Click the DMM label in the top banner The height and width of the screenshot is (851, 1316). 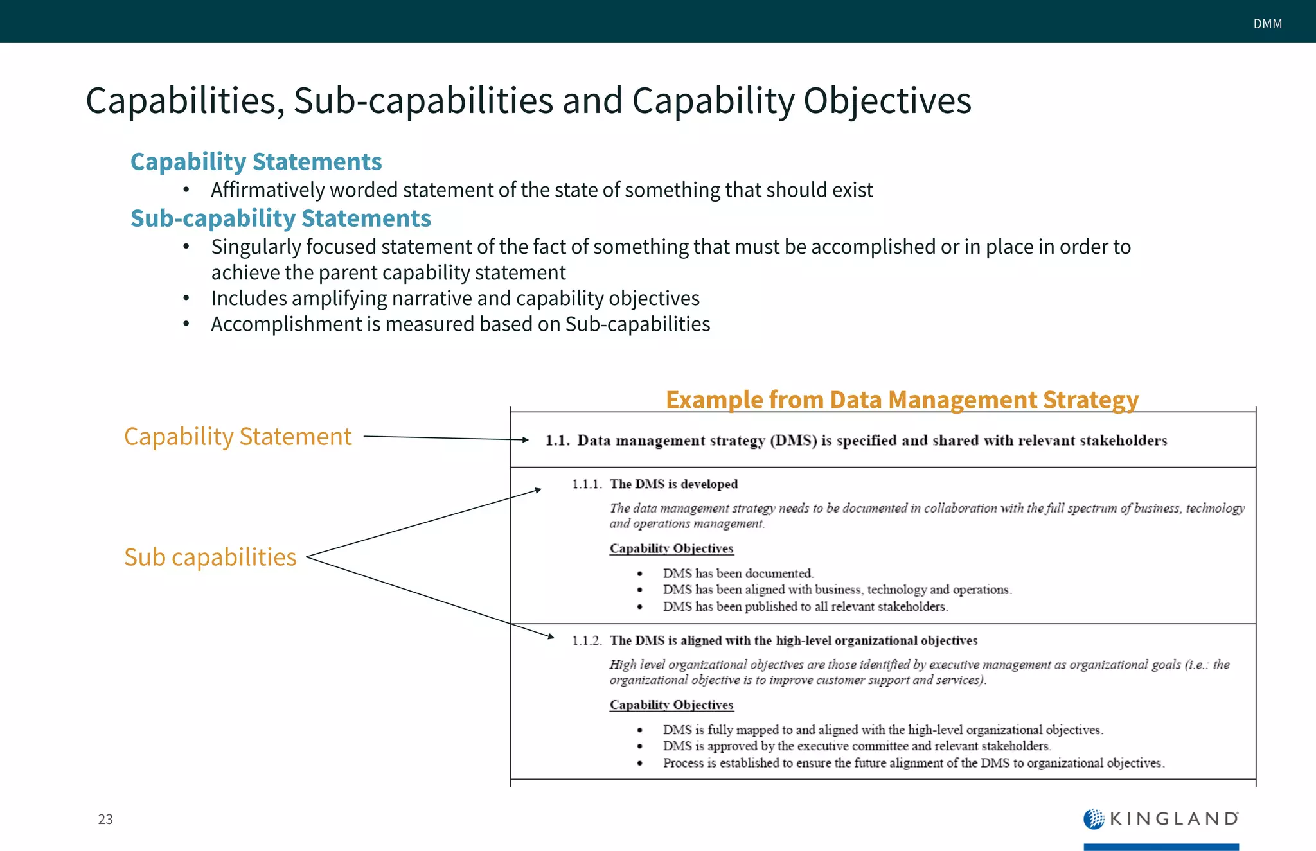tap(1267, 24)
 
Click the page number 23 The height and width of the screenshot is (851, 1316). tap(105, 819)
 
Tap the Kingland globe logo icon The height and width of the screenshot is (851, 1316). tap(1093, 819)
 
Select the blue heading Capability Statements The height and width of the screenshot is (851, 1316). tap(256, 162)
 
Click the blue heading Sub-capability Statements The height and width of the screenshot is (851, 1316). tap(280, 218)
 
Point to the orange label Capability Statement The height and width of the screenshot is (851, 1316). tap(238, 437)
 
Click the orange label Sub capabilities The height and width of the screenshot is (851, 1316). tap(210, 557)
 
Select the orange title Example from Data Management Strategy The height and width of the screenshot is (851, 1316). tap(902, 399)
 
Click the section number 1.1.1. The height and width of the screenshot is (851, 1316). tap(587, 484)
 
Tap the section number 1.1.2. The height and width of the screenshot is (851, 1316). tap(587, 641)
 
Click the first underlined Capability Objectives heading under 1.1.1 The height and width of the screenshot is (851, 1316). tap(671, 548)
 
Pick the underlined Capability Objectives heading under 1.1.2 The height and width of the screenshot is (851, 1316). tap(671, 705)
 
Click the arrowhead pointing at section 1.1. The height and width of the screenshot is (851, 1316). tap(525, 440)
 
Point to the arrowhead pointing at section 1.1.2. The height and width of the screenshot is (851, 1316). tap(550, 636)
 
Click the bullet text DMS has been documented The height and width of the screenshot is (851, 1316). tap(738, 573)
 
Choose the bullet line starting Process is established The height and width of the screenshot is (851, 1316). tap(913, 763)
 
